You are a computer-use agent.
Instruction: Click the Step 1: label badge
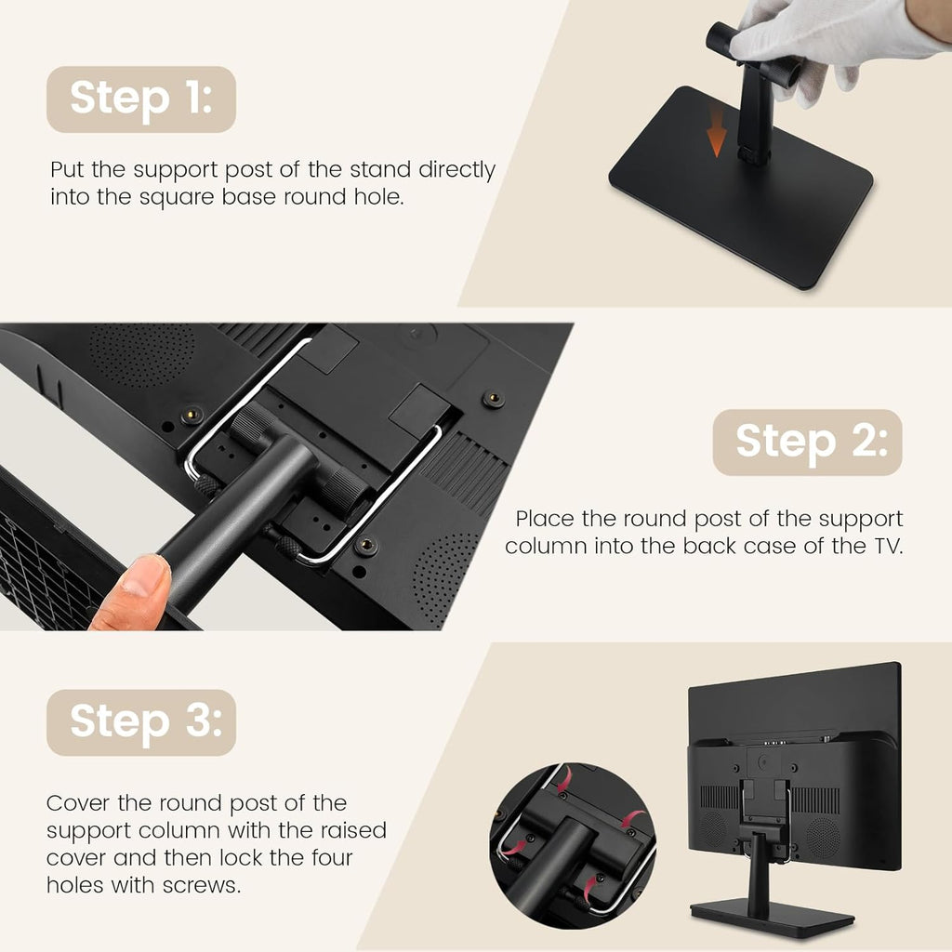point(141,99)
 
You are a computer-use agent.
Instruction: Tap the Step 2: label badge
point(808,442)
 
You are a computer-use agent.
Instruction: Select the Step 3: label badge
point(141,722)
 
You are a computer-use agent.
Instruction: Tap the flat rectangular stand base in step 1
point(741,188)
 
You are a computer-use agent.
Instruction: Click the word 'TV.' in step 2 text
point(888,546)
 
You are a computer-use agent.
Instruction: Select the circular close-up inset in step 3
point(573,846)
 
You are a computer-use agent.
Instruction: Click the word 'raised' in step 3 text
point(354,830)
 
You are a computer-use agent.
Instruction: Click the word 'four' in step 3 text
point(333,857)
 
